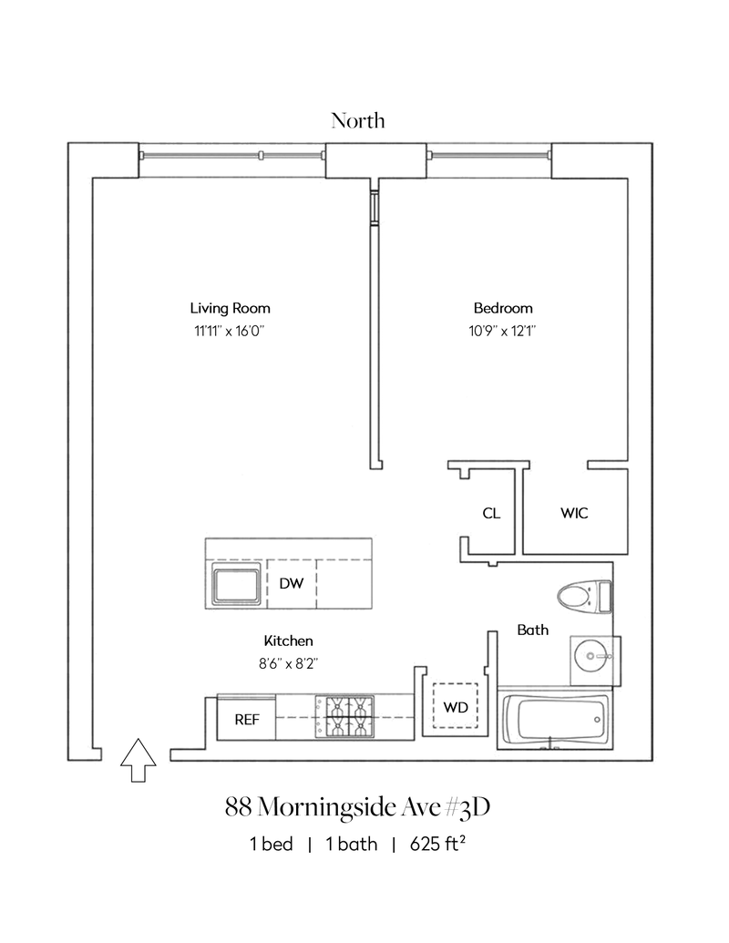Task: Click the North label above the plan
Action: [x=358, y=120]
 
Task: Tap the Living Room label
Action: [x=230, y=308]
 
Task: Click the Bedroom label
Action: [x=503, y=308]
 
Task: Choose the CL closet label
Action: [x=490, y=513]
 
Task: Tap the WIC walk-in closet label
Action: [x=574, y=513]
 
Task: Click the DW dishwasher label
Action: [x=291, y=583]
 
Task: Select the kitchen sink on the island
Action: [x=235, y=584]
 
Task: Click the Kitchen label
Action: [x=289, y=641]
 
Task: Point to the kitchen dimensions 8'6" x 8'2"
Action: [x=289, y=664]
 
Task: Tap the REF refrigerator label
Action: [x=247, y=720]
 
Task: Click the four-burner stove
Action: [x=344, y=718]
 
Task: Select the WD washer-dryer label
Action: [x=456, y=707]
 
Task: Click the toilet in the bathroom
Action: [x=583, y=598]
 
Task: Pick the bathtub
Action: [x=556, y=723]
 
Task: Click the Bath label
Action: [x=533, y=630]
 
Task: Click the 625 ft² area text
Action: [x=438, y=844]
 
